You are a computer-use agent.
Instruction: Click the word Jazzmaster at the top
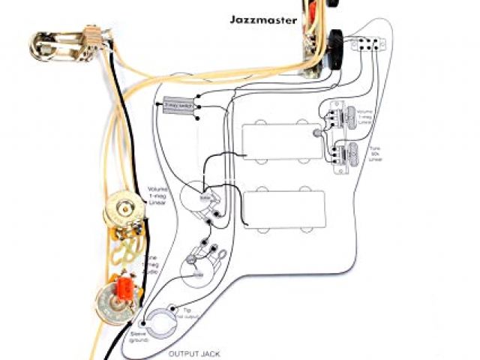pyautogui.click(x=264, y=19)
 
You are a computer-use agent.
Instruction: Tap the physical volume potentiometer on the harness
pyautogui.click(x=124, y=210)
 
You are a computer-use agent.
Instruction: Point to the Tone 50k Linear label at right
pyautogui.click(x=375, y=153)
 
